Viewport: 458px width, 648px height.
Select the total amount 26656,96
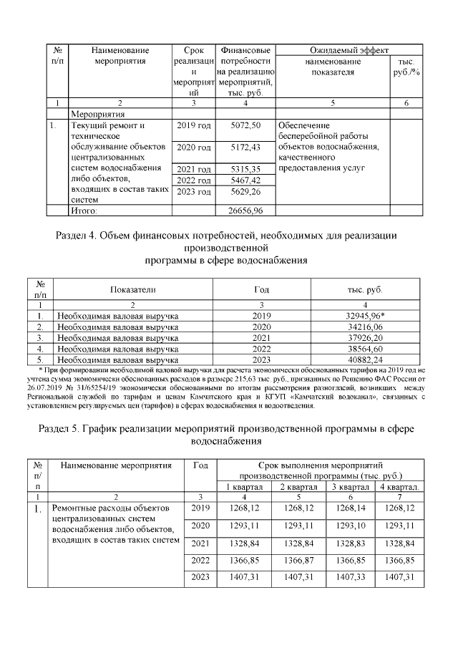(x=245, y=211)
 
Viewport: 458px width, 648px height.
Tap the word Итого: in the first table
(x=83, y=211)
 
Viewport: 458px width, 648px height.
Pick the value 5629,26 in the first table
(x=245, y=191)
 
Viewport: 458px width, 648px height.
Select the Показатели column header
(x=132, y=290)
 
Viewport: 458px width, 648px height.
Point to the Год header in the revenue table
(x=261, y=290)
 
